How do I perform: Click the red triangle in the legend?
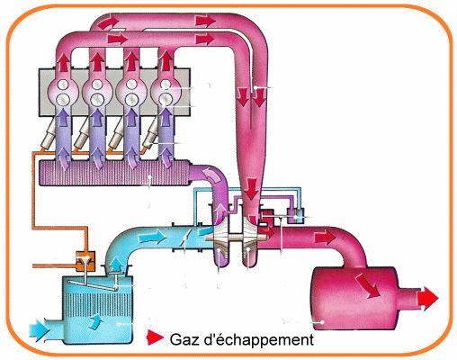point(154,337)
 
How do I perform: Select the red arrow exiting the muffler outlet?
point(428,298)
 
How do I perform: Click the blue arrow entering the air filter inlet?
point(39,330)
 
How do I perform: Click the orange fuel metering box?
point(85,261)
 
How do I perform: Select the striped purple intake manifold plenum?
point(114,173)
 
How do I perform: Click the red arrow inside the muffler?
point(368,286)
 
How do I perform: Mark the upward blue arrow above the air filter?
point(115,265)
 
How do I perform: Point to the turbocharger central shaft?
point(237,238)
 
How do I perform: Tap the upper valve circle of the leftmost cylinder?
point(63,85)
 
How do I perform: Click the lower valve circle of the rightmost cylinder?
point(166,99)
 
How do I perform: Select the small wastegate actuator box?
point(296,216)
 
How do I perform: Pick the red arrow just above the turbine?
point(252,188)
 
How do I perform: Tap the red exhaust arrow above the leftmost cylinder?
point(63,62)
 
